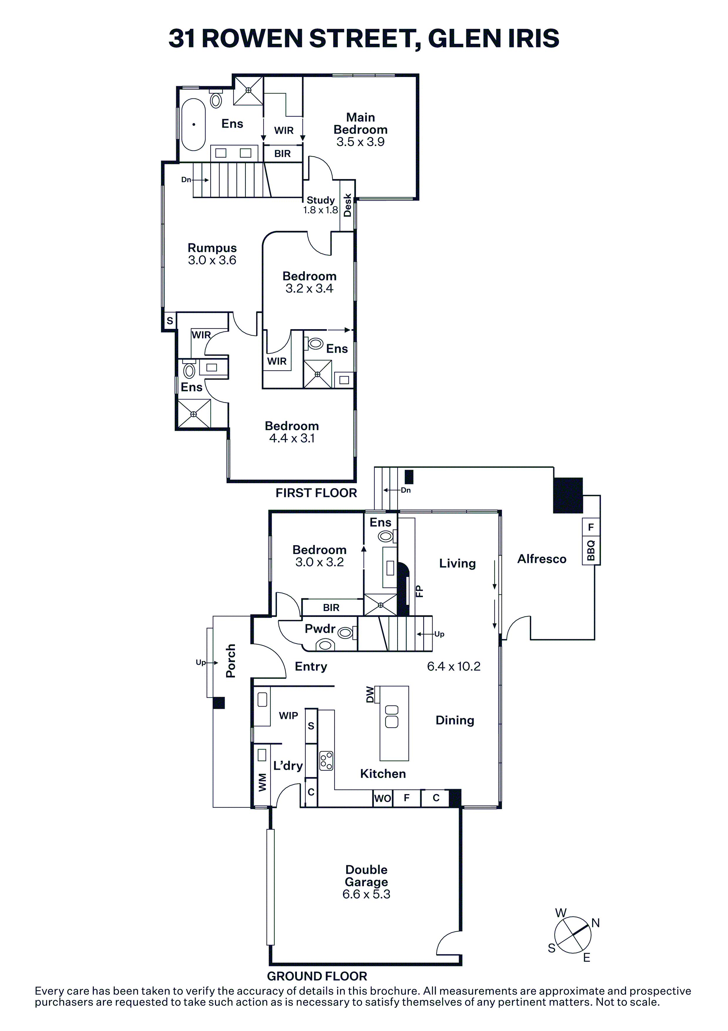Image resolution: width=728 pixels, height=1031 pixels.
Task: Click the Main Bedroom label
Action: pyautogui.click(x=360, y=123)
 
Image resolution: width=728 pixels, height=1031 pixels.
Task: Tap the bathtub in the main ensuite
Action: pyautogui.click(x=193, y=124)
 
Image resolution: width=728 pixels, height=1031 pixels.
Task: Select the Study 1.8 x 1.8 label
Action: pyautogui.click(x=321, y=205)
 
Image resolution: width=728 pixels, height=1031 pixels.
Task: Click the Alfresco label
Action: pyautogui.click(x=542, y=559)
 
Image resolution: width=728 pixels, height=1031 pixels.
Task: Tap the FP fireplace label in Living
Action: pyautogui.click(x=419, y=590)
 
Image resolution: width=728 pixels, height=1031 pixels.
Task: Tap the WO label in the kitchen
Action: pyautogui.click(x=383, y=798)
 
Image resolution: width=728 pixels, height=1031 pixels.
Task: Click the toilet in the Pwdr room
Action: pyautogui.click(x=345, y=633)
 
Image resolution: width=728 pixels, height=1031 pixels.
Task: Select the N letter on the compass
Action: pyautogui.click(x=596, y=923)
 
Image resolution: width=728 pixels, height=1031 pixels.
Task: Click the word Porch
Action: pyautogui.click(x=231, y=661)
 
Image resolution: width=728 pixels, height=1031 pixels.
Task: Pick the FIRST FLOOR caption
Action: pyautogui.click(x=316, y=493)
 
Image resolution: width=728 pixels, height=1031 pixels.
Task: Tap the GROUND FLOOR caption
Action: pyautogui.click(x=317, y=976)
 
